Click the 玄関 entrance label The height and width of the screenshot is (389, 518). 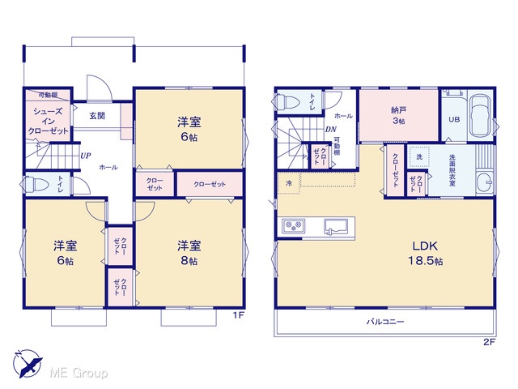[x=97, y=116]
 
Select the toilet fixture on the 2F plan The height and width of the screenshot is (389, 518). [x=286, y=102]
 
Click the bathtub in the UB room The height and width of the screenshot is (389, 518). [x=481, y=115]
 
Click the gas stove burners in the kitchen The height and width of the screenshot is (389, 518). [x=293, y=227]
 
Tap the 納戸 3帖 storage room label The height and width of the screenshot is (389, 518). [x=399, y=115]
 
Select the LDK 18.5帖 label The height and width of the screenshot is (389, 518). [x=426, y=253]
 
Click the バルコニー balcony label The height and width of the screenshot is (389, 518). [x=385, y=322]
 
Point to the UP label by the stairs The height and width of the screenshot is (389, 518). [x=86, y=156]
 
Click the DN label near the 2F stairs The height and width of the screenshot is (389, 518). [x=331, y=130]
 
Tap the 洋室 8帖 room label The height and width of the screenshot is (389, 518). [x=189, y=253]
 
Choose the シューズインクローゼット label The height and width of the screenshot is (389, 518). [x=49, y=121]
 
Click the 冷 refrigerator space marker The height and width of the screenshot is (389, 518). [x=289, y=183]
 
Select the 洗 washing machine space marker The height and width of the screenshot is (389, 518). [x=419, y=156]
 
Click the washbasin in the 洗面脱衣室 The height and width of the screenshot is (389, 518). [x=484, y=181]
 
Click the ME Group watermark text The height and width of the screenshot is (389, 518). [x=79, y=374]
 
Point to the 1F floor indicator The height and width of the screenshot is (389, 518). [x=238, y=315]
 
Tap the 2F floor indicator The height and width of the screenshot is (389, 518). [x=490, y=342]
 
